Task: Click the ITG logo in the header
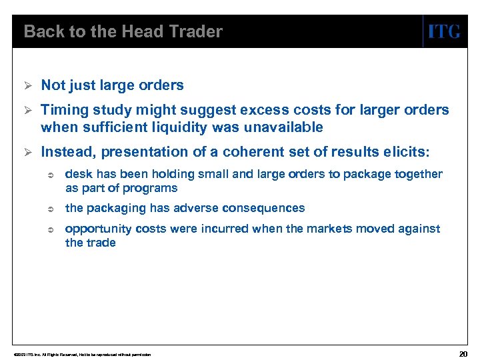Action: tap(443, 31)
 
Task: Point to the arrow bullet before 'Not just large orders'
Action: tap(27, 85)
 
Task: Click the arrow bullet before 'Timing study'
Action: tap(27, 110)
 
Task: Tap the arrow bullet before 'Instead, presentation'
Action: tap(27, 153)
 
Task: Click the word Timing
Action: tap(63, 110)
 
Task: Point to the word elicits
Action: tap(408, 153)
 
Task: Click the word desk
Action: tap(77, 174)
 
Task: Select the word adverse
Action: tap(193, 208)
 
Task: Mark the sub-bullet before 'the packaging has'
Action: tap(49, 209)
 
